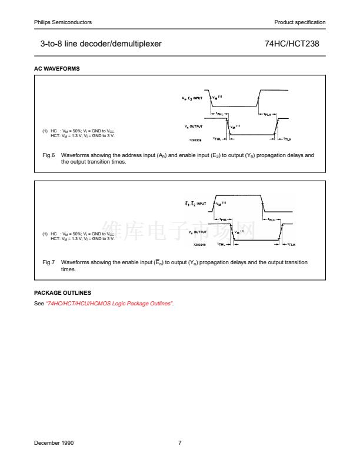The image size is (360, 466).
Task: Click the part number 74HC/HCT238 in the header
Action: tap(292, 44)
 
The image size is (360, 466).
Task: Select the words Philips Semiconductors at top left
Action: tap(63, 22)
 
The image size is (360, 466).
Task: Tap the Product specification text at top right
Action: tap(299, 22)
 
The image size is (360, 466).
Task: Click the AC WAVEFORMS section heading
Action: tap(57, 69)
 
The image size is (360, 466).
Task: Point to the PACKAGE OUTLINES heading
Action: tap(62, 293)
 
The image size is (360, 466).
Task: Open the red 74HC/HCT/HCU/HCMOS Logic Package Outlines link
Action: tap(110, 303)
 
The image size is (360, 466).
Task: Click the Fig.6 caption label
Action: tap(48, 155)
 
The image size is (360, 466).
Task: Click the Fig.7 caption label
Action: tap(48, 262)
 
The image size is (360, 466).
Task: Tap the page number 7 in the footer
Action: tap(180, 442)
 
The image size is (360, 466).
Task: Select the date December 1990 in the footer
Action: tap(54, 442)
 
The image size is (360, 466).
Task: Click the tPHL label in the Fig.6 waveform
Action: tap(218, 114)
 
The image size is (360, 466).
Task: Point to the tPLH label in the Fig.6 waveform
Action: tap(267, 114)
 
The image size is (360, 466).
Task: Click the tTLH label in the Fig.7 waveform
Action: tap(290, 244)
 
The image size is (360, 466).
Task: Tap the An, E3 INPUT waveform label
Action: tap(192, 98)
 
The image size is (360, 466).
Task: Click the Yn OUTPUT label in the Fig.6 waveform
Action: tap(194, 126)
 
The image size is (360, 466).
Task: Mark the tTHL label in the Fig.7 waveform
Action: tap(222, 244)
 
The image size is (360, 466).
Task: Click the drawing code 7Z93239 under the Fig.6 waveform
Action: tap(195, 140)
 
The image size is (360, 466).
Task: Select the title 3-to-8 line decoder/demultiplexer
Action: tap(101, 44)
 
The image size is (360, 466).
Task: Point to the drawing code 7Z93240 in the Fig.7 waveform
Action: tap(199, 244)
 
